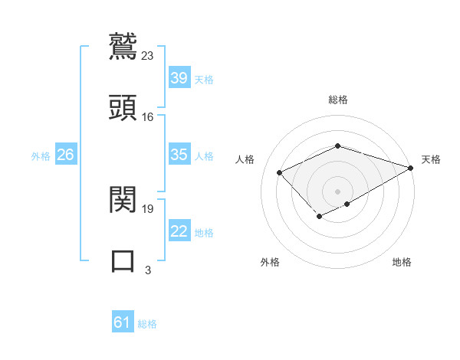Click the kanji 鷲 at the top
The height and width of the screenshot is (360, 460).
tap(123, 45)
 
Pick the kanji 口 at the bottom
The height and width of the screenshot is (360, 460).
tap(123, 260)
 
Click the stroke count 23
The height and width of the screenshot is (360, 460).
tap(148, 55)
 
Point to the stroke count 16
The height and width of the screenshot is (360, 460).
tap(148, 116)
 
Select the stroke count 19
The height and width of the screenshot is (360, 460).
tap(148, 208)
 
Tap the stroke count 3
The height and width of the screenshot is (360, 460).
tap(148, 270)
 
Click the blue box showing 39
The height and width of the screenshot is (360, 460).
tap(179, 78)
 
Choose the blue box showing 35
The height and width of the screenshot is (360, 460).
tap(179, 155)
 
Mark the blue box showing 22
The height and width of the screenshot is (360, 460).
tap(179, 231)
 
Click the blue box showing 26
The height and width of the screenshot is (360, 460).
tap(65, 155)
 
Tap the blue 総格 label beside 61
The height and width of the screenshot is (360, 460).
tap(147, 324)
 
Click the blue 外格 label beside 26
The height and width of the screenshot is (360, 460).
tap(41, 155)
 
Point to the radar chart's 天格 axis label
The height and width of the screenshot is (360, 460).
tap(431, 159)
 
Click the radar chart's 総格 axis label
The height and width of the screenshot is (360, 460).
tap(337, 100)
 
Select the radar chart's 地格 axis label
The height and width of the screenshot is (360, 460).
tap(402, 262)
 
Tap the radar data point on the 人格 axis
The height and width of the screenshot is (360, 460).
tap(280, 172)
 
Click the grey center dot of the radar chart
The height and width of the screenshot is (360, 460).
tap(337, 191)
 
